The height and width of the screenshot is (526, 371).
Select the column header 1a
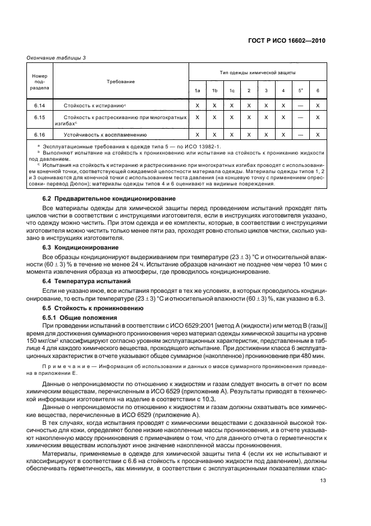pyautogui.click(x=197, y=91)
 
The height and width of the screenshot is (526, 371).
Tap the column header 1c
pyautogui.click(x=231, y=91)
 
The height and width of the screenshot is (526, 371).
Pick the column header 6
pyautogui.click(x=318, y=91)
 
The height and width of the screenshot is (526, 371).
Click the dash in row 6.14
pyautogui.click(x=301, y=105)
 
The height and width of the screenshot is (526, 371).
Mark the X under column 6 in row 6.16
pyautogui.click(x=318, y=135)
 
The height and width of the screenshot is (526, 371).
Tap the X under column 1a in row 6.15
pyautogui.click(x=197, y=117)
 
